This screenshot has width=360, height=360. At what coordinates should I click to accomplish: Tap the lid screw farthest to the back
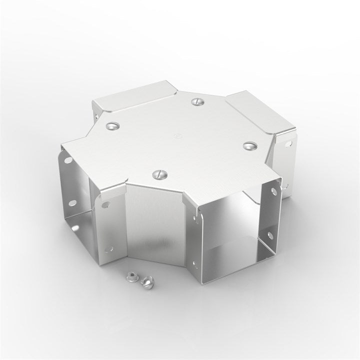click(196, 101)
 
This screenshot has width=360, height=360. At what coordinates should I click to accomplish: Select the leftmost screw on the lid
click(111, 125)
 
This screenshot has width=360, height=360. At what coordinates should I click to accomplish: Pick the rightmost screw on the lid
click(248, 145)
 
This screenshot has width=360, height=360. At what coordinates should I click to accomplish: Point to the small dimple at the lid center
click(175, 135)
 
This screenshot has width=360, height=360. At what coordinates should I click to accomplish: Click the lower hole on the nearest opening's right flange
click(270, 235)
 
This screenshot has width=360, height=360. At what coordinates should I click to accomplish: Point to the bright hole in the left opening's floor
click(106, 205)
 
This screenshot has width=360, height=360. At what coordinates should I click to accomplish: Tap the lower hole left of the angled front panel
click(109, 248)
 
